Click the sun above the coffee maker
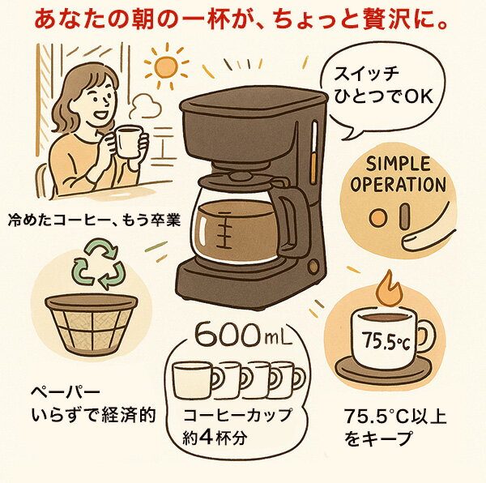click(x=166, y=67)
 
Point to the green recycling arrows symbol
click(x=98, y=263)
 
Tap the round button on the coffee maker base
click(x=313, y=266)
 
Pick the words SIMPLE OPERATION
click(x=398, y=174)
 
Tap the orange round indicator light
click(x=378, y=218)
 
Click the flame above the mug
click(x=390, y=289)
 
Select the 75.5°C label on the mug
click(x=386, y=340)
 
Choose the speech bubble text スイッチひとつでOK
click(x=383, y=86)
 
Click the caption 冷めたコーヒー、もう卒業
click(x=94, y=221)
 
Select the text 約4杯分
click(x=215, y=438)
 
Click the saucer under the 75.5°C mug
click(x=383, y=371)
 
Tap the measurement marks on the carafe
click(x=226, y=229)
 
